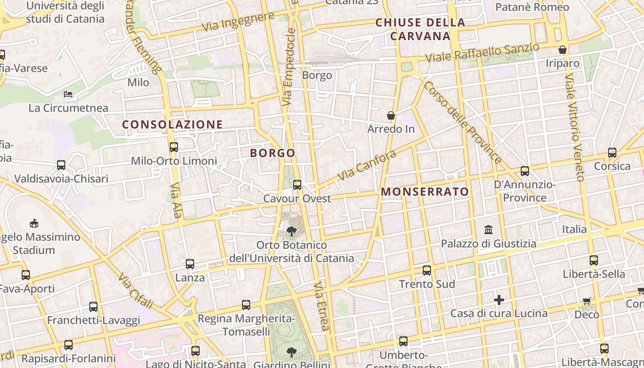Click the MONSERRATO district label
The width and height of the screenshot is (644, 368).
[425, 192]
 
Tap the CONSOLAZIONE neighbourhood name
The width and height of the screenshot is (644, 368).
[172, 125]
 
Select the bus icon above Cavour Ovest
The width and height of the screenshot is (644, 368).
[297, 185]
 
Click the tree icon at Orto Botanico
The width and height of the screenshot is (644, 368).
[291, 231]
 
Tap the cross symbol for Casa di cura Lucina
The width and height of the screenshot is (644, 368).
[499, 300]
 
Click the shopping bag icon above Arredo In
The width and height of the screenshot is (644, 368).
[391, 115]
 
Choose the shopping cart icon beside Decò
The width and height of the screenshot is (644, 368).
[586, 301]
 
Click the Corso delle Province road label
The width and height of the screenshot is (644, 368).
[463, 123]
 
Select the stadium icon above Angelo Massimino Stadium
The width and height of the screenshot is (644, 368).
[34, 224]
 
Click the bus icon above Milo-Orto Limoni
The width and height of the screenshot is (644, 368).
[174, 147]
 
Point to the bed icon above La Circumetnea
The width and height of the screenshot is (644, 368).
[68, 94]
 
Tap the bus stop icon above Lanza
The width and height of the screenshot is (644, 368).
[190, 264]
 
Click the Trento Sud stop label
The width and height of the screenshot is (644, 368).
[427, 284]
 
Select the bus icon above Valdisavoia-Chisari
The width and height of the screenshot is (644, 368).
[61, 165]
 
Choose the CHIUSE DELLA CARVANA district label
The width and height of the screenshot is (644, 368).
[420, 29]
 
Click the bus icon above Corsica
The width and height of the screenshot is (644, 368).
[612, 153]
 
